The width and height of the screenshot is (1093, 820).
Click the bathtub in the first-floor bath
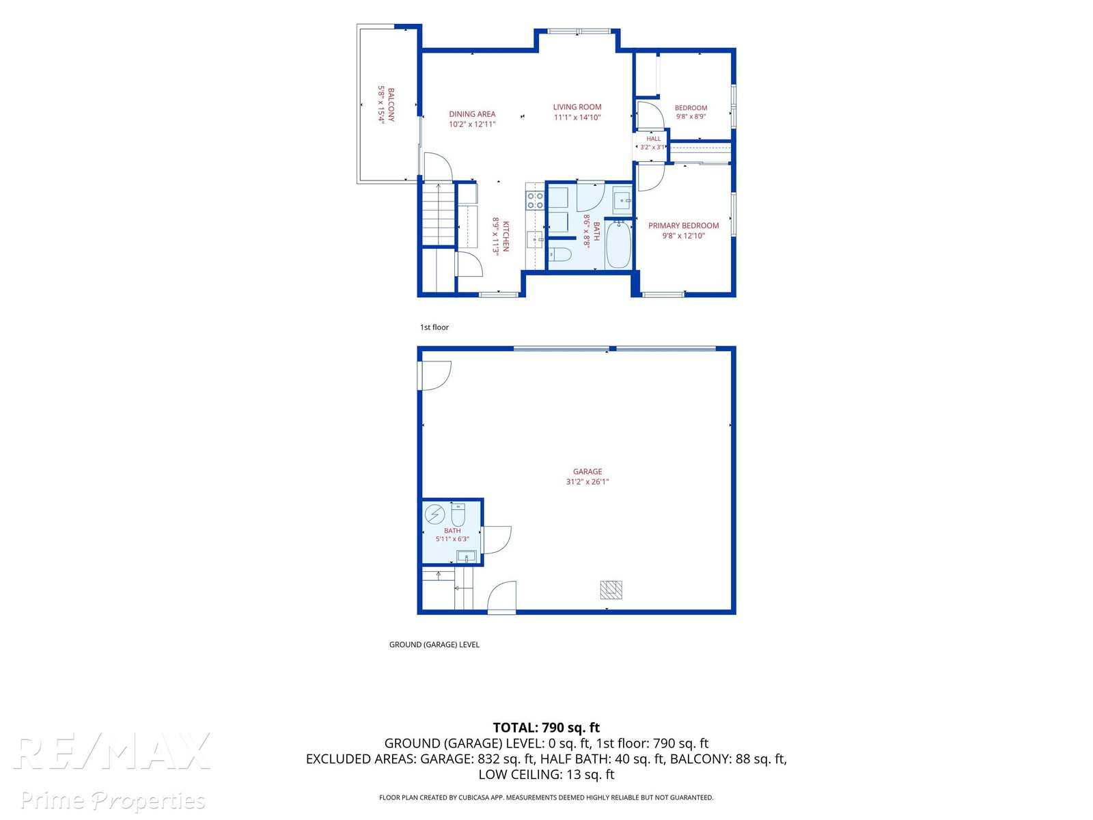[x=618, y=245]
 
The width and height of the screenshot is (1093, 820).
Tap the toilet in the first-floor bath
[x=559, y=254]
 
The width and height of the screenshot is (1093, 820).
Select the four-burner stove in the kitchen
[x=536, y=200]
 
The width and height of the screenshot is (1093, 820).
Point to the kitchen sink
[x=535, y=239]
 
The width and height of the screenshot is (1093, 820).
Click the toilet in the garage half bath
[x=458, y=515]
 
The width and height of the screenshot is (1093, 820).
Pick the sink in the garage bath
[x=467, y=556]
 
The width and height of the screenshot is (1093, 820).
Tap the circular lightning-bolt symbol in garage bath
[x=434, y=515]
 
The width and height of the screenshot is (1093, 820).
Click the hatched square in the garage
[x=611, y=590]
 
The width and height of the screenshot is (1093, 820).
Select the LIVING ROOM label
[x=577, y=107]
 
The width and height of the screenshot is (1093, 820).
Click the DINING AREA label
[x=472, y=114]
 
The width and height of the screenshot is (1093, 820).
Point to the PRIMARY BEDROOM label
[x=683, y=225]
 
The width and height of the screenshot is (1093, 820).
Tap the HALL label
[x=653, y=139]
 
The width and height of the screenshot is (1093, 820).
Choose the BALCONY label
[x=391, y=105]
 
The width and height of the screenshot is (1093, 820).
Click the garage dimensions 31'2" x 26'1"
[x=587, y=482]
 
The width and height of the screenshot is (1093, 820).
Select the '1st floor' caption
[x=434, y=327]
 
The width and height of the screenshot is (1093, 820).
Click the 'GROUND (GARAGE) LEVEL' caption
[x=434, y=644]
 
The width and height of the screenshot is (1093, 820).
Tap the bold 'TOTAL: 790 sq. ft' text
[x=546, y=727]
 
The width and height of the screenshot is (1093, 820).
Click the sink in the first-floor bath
[x=622, y=200]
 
